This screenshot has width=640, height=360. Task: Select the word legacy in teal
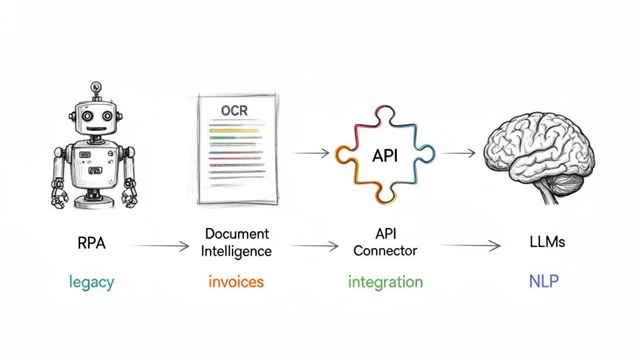[x=91, y=282]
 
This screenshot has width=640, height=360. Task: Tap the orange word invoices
[x=236, y=282]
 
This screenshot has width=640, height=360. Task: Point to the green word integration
[x=385, y=282]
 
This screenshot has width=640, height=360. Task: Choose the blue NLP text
[x=543, y=282]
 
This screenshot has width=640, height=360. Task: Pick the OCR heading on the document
[x=234, y=111]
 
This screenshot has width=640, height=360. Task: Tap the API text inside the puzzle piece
[x=384, y=156]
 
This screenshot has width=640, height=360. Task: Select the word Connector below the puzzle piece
[x=385, y=251]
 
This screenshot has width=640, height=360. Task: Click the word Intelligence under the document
[x=237, y=251]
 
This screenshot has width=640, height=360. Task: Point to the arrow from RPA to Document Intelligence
[x=159, y=246]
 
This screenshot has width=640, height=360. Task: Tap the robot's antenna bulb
[x=96, y=87]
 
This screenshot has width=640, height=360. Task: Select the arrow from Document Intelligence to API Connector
[x=312, y=246]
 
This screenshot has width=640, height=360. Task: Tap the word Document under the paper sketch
[x=237, y=234]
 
